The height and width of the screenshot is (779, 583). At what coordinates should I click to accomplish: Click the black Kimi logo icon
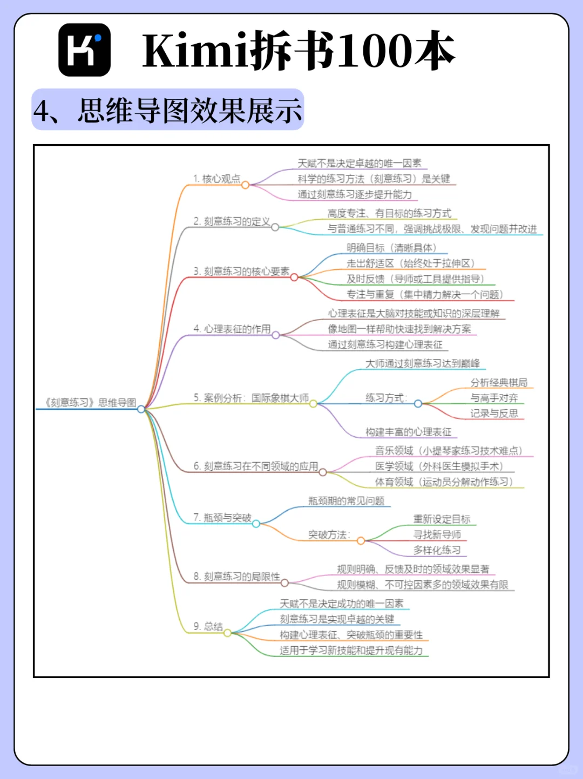click(x=84, y=50)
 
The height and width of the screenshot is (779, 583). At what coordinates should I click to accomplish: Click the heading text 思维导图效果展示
click(x=189, y=111)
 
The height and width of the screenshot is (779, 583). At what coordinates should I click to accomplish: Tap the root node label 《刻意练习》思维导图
click(x=91, y=403)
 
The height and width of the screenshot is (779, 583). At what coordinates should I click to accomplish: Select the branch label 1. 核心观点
click(x=216, y=179)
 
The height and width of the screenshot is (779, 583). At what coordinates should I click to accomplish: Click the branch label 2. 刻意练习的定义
click(x=232, y=221)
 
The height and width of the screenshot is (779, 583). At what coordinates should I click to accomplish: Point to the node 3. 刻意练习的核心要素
click(x=241, y=271)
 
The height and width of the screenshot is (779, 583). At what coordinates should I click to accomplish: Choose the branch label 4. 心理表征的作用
click(x=232, y=329)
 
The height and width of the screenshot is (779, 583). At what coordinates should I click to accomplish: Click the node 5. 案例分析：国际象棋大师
click(x=251, y=398)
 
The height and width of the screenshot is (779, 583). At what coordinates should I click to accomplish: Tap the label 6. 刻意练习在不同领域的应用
click(x=256, y=466)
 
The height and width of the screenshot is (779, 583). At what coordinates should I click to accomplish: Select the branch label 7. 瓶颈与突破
click(x=222, y=518)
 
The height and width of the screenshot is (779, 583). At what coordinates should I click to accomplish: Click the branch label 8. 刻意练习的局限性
click(x=237, y=577)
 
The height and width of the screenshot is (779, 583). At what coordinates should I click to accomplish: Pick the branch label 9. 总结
click(x=208, y=626)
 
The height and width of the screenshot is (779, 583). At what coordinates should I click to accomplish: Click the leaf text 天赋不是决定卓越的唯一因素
click(x=360, y=163)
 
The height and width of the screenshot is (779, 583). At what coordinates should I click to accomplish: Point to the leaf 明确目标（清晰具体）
click(x=391, y=248)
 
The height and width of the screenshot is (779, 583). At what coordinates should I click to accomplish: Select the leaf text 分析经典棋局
click(x=499, y=383)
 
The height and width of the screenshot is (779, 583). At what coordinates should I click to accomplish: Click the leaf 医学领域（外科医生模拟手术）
click(x=439, y=466)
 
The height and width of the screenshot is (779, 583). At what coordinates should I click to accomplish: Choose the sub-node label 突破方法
click(x=329, y=534)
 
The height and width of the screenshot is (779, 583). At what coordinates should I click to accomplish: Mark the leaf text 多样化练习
click(x=437, y=550)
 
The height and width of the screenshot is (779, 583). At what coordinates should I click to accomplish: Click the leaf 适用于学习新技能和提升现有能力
click(x=351, y=651)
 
